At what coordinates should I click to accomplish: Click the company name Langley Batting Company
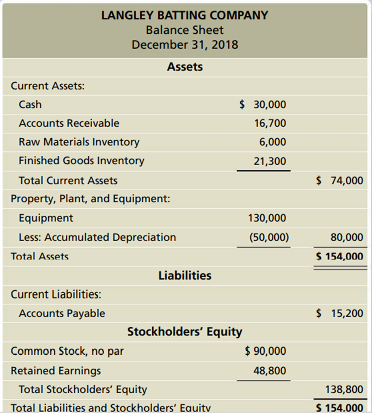(x=185, y=15)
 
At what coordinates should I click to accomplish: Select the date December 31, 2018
(x=185, y=44)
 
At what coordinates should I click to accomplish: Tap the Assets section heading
(x=185, y=67)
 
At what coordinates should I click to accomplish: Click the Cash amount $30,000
(x=263, y=105)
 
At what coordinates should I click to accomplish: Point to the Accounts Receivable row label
(x=69, y=123)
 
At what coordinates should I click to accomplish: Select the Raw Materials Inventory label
(x=78, y=142)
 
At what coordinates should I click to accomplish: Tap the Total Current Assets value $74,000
(x=340, y=180)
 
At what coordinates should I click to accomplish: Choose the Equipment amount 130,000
(x=267, y=218)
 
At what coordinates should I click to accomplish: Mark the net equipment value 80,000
(x=347, y=237)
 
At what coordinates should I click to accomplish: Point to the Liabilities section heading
(x=185, y=275)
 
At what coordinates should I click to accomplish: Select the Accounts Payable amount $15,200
(x=340, y=313)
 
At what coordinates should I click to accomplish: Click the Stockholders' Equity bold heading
(x=185, y=332)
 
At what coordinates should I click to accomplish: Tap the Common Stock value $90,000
(x=266, y=351)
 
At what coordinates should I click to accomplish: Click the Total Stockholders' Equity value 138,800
(x=344, y=389)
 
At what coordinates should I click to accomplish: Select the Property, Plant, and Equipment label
(x=90, y=199)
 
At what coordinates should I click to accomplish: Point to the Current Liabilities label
(x=55, y=294)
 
